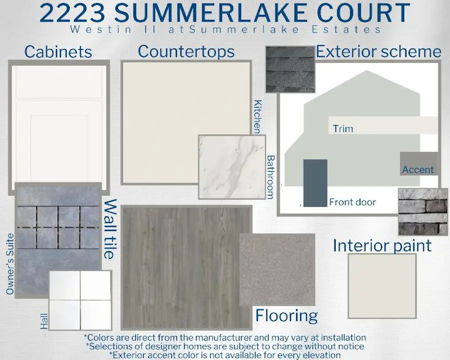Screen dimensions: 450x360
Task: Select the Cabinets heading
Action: pyautogui.click(x=58, y=52)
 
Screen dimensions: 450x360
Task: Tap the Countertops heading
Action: pyautogui.click(x=186, y=51)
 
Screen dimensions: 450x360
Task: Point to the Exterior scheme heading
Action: pyautogui.click(x=378, y=51)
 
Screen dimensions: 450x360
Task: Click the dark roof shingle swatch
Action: pyautogui.click(x=290, y=69)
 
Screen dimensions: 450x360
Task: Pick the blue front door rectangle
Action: pyautogui.click(x=315, y=183)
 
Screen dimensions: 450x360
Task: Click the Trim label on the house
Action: pyautogui.click(x=343, y=128)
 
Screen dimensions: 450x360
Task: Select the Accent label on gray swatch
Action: pyautogui.click(x=418, y=169)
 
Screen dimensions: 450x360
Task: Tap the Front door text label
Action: pyautogui.click(x=352, y=202)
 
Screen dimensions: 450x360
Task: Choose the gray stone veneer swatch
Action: pyautogui.click(x=422, y=212)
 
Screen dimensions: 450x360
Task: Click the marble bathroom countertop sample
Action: pyautogui.click(x=232, y=167)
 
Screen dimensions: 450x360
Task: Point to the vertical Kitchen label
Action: pyautogui.click(x=257, y=116)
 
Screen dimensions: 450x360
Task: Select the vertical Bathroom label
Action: pyautogui.click(x=270, y=177)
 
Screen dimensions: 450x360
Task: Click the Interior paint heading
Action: pyautogui.click(x=382, y=245)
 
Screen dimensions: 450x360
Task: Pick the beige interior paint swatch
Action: pyautogui.click(x=382, y=286)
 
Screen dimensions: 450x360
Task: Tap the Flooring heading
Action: pyautogui.click(x=286, y=315)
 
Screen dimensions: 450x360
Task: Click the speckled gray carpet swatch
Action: pyautogui.click(x=277, y=269)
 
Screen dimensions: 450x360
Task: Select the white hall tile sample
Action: pyautogui.click(x=80, y=300)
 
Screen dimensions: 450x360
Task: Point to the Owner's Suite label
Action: pyautogui.click(x=10, y=264)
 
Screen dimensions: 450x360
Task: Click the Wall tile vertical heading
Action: pyautogui.click(x=110, y=229)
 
